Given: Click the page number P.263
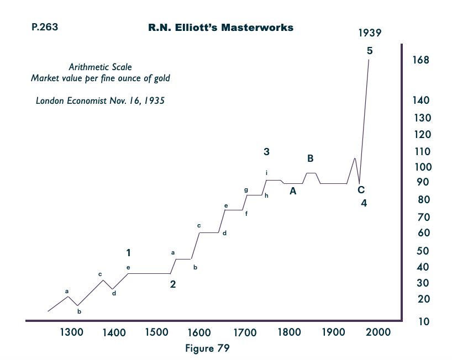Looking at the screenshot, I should [x=43, y=26].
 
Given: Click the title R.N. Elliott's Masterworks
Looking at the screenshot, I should [x=220, y=27].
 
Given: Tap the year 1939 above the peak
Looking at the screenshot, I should [x=370, y=34].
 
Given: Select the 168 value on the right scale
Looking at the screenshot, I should [x=421, y=60].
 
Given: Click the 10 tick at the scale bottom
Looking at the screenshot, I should [x=423, y=322].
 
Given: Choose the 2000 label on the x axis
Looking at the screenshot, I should [x=379, y=332].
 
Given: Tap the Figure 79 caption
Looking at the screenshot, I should [x=207, y=348].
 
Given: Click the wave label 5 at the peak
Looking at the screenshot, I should [x=370, y=51].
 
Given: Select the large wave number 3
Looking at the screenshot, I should [x=266, y=151].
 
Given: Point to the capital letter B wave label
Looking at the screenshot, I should [x=310, y=158].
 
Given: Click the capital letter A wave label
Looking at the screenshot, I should [x=293, y=192].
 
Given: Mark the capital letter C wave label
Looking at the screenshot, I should [x=361, y=190].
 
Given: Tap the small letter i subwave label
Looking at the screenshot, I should [x=267, y=173].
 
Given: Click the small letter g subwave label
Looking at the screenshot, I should [x=246, y=190].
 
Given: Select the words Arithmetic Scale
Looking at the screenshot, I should [x=100, y=67].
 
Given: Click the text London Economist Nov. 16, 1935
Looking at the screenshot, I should [x=100, y=101].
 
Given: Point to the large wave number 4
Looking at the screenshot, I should [x=364, y=203].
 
